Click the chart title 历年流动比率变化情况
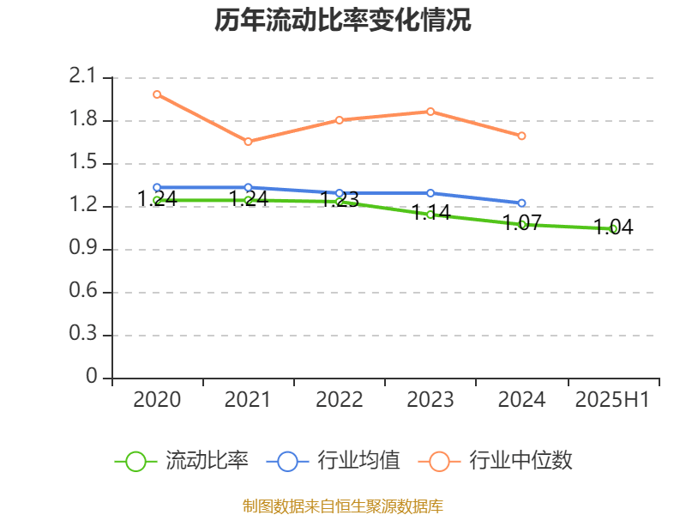click(x=343, y=21)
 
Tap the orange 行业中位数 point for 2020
click(x=157, y=94)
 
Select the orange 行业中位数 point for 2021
click(x=248, y=142)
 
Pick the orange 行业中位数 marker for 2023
click(x=430, y=112)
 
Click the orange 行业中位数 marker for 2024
click(x=521, y=136)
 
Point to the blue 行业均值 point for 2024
click(x=521, y=203)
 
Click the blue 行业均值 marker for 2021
click(x=248, y=187)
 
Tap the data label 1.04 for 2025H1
click(x=613, y=227)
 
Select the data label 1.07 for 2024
click(x=521, y=223)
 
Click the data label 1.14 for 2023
click(x=430, y=213)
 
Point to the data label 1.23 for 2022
click(x=340, y=200)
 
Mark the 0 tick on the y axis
click(x=93, y=378)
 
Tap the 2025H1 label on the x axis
click(x=613, y=400)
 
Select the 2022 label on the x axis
click(x=340, y=400)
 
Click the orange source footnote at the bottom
click(x=343, y=506)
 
